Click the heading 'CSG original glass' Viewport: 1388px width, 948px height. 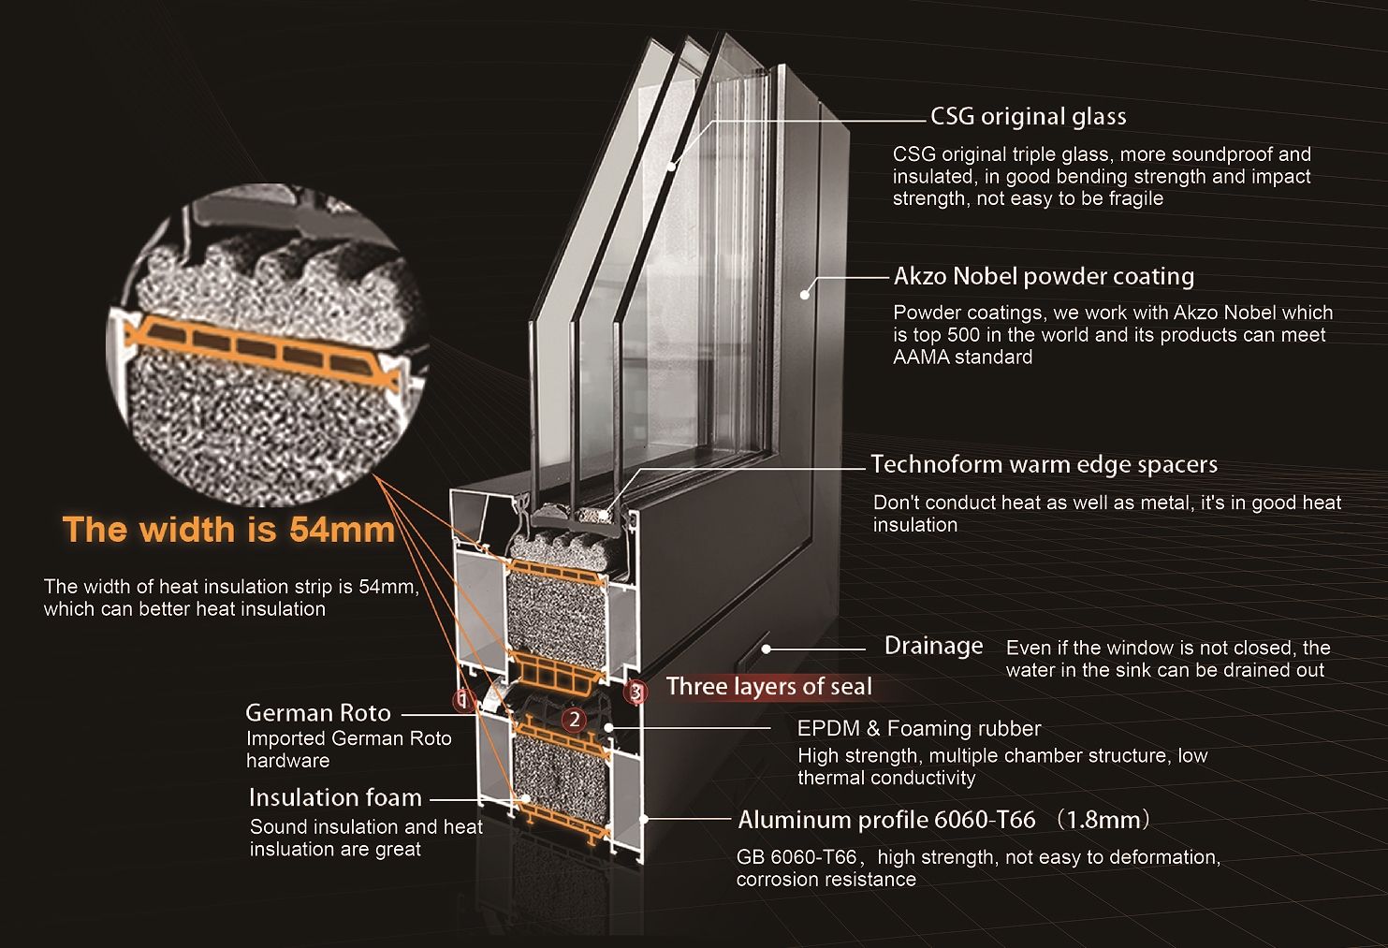1028,117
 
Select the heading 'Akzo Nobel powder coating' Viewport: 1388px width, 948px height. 1044,277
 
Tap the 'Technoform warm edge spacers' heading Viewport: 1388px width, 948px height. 1044,465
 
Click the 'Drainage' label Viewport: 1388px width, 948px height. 933,647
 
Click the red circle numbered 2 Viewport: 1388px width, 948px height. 575,720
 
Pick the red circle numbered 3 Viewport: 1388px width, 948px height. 636,692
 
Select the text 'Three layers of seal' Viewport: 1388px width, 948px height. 768,687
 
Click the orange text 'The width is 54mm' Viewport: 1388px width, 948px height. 229,530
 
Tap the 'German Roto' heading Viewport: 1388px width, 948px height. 318,713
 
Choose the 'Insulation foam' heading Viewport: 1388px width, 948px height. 335,798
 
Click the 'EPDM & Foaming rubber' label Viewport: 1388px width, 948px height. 918,729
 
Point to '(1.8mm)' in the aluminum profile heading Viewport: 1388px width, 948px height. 1103,821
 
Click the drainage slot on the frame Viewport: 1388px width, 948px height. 766,648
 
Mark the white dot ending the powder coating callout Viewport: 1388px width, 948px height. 804,295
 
